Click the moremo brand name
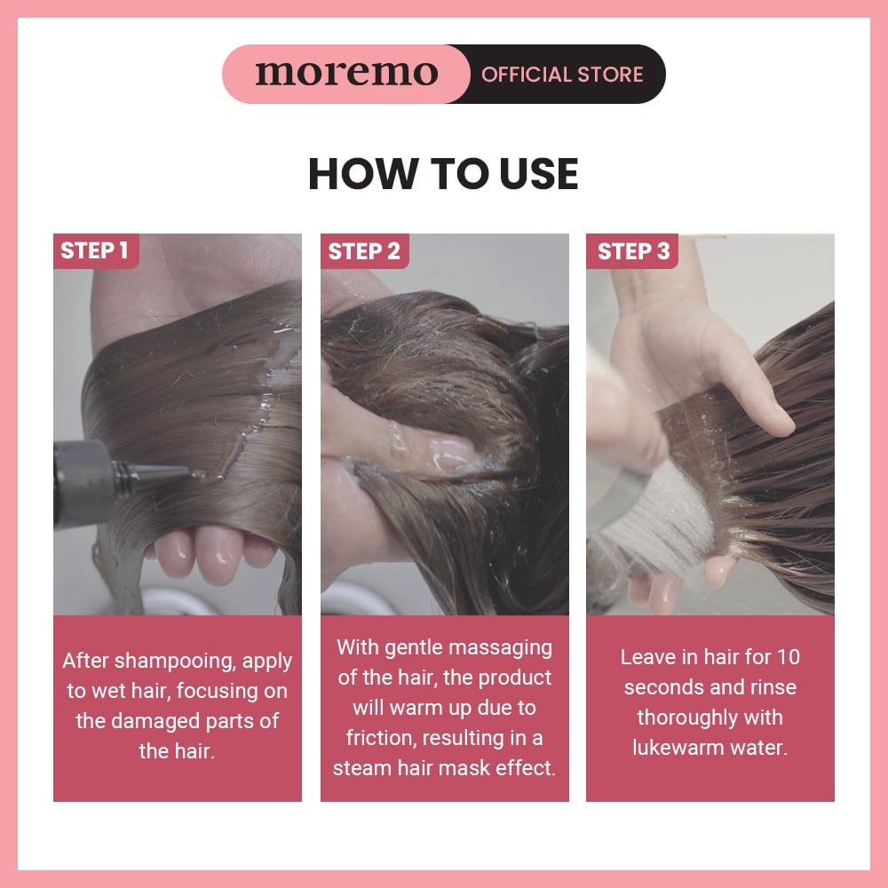pos(346,74)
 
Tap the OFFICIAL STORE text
pos(562,75)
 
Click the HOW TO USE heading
pos(443,173)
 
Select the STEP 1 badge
pos(95,250)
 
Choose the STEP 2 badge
pos(364,251)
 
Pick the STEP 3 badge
pos(632,251)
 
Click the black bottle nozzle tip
pos(186,472)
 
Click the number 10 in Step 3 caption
pos(788,657)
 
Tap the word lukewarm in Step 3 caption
pos(678,748)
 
